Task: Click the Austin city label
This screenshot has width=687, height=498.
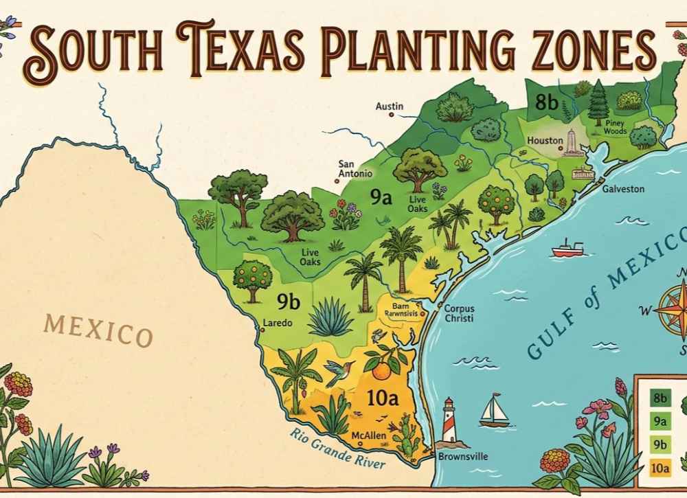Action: point(390,106)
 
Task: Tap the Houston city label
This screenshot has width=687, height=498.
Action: point(545,141)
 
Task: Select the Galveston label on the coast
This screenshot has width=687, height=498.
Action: point(623,188)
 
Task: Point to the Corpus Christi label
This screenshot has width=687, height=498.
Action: point(460,314)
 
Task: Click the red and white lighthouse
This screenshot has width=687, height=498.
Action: point(449,420)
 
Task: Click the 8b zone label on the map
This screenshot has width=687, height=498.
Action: point(547,103)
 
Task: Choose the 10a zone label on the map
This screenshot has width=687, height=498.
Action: point(379,400)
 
